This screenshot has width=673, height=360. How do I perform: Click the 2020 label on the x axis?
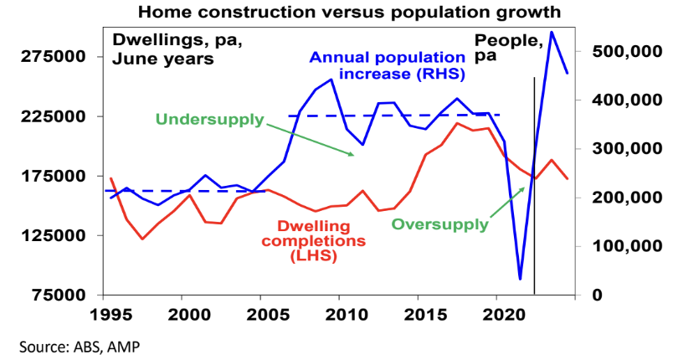coord(497,316)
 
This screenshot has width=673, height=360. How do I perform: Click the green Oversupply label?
coord(439,224)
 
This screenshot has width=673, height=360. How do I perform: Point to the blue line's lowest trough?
coord(520,279)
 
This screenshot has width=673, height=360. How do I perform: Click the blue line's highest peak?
coord(552,32)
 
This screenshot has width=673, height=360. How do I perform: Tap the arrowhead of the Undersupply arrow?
coord(352,155)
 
